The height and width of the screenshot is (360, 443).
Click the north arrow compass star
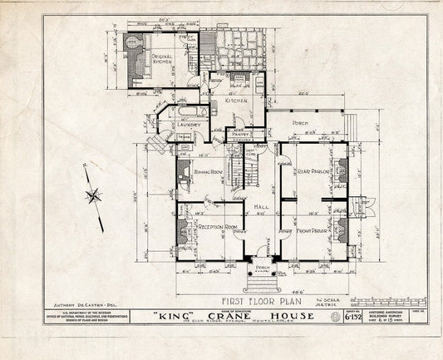[94, 197]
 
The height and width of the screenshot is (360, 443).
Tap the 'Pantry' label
[247, 132]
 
